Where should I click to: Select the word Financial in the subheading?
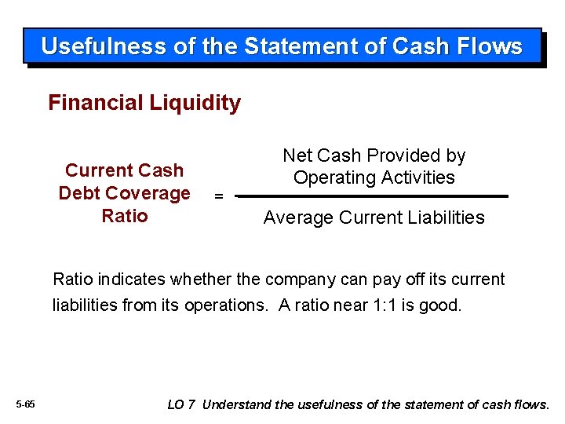click(x=92, y=103)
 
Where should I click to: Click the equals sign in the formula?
click(x=219, y=196)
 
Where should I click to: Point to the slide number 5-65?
click(x=25, y=404)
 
